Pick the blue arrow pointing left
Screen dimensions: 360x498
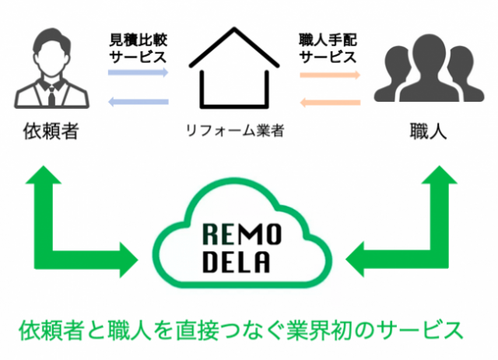tap(138, 100)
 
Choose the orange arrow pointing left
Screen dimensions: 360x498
tap(329, 101)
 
